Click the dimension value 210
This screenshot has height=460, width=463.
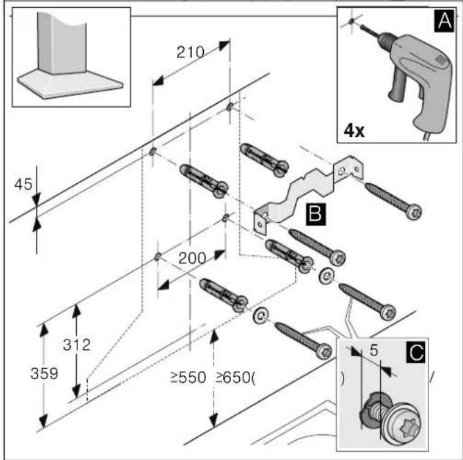click(x=191, y=52)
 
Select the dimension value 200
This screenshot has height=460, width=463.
click(x=192, y=258)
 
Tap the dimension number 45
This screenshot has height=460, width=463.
click(x=23, y=185)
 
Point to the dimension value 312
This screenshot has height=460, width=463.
click(x=77, y=344)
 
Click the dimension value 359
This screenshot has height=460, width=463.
click(x=44, y=374)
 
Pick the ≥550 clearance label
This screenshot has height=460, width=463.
click(x=188, y=378)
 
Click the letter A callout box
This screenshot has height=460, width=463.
click(x=444, y=20)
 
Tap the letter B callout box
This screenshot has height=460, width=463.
click(x=316, y=214)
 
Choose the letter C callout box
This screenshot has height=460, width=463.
click(x=416, y=351)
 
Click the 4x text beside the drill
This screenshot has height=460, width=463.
click(x=354, y=130)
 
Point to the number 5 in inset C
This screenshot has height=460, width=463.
click(x=374, y=350)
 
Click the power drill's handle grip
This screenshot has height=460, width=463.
click(x=399, y=86)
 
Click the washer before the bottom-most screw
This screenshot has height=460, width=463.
click(x=261, y=315)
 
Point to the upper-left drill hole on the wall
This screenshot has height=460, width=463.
click(x=152, y=151)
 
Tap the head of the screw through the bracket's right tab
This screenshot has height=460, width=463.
click(x=413, y=212)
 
